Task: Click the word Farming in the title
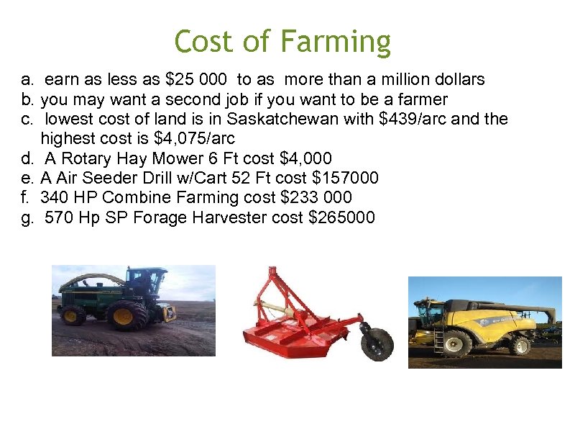[x=336, y=42]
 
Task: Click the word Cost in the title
[x=204, y=41]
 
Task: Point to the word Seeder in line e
[x=112, y=178]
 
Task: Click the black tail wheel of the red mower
[x=376, y=344]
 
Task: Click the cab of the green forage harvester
[x=146, y=282]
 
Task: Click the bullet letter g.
[x=27, y=217]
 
